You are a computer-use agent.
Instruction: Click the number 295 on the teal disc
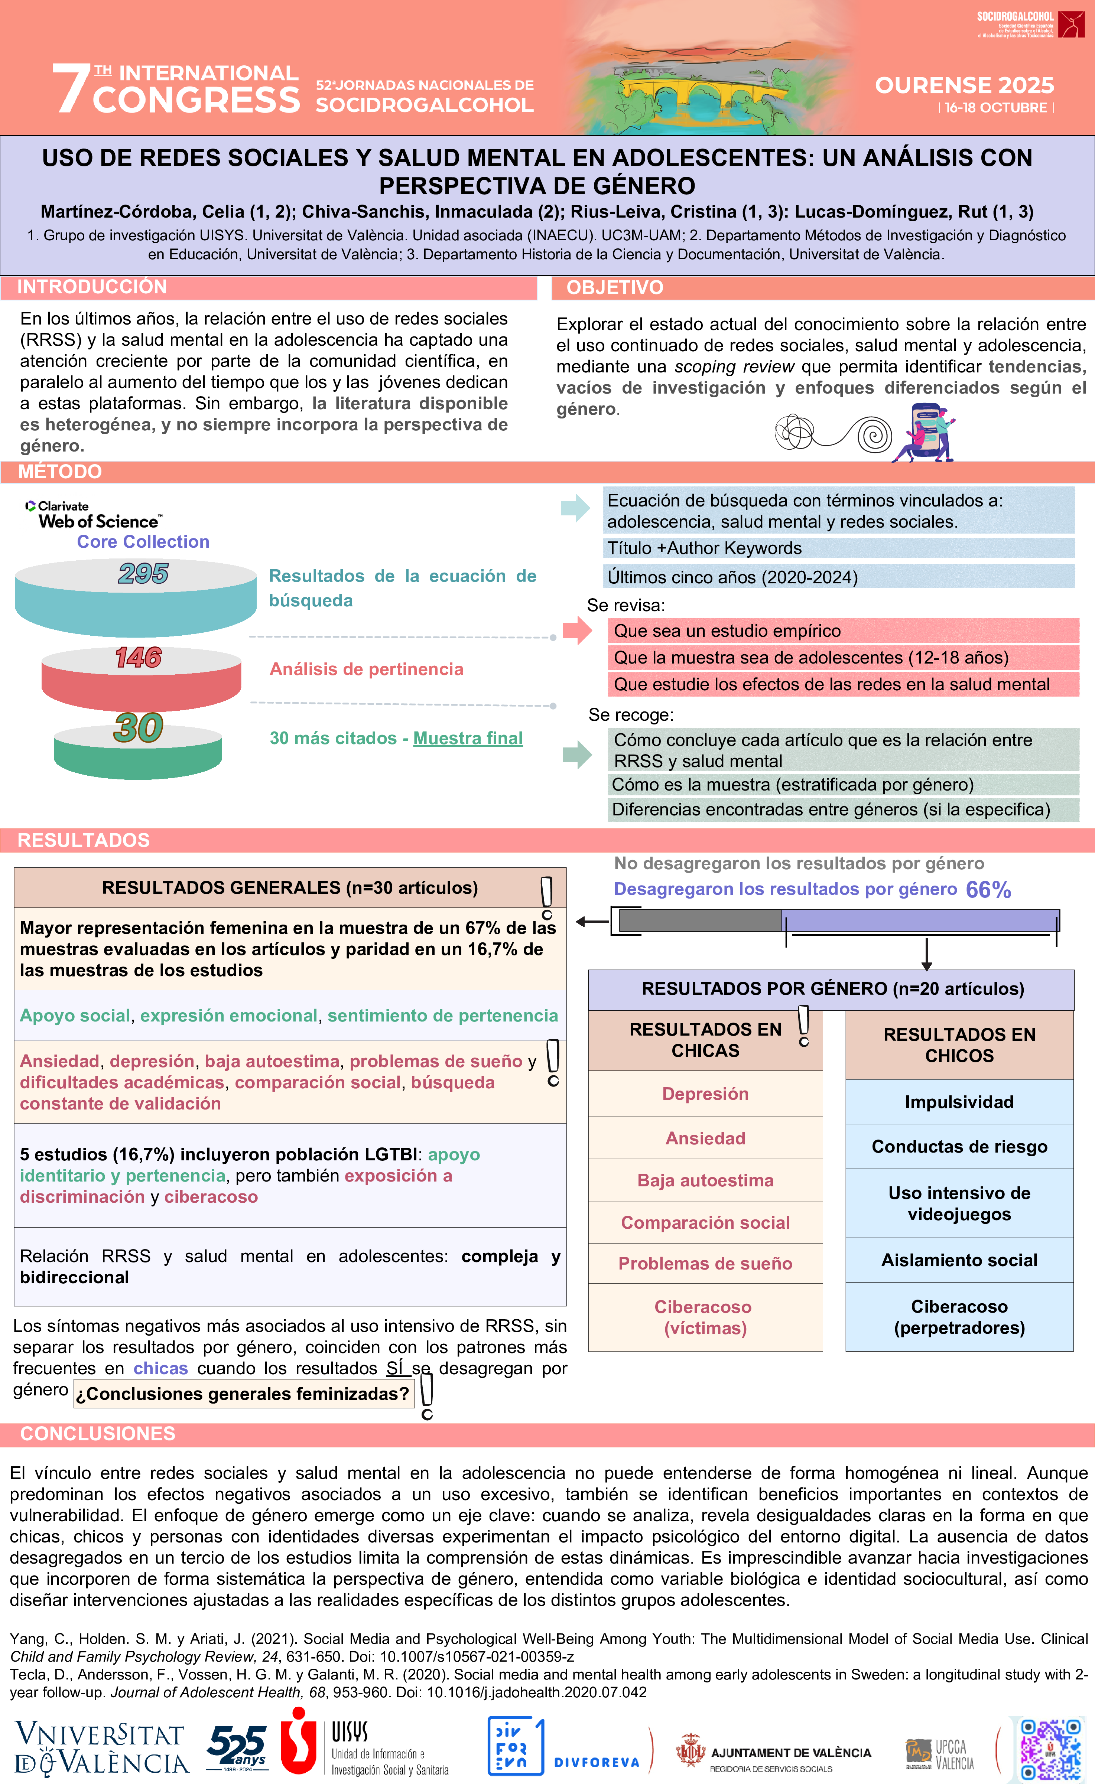[x=143, y=574]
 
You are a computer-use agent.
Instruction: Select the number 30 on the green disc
[x=138, y=727]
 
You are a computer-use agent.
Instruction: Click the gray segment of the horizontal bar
[x=700, y=920]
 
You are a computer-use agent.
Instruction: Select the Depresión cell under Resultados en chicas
[x=705, y=1094]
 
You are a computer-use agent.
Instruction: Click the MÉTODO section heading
[x=60, y=472]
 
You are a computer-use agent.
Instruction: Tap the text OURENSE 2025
[x=964, y=86]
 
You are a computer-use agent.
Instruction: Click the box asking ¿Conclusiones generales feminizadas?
[x=243, y=1394]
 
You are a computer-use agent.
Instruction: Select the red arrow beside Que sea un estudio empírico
[x=577, y=630]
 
